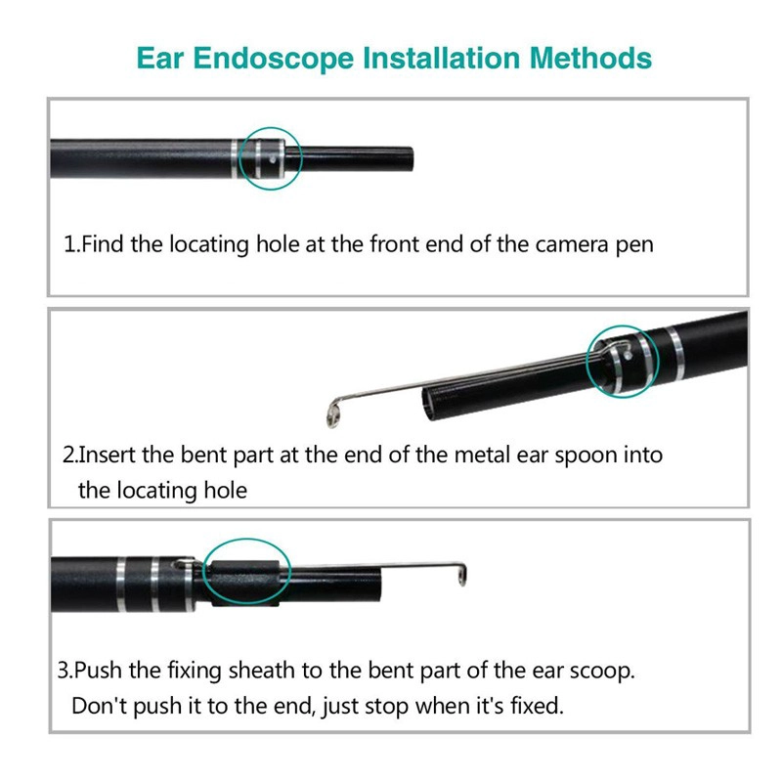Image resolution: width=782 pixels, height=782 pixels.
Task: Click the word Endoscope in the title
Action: [274, 59]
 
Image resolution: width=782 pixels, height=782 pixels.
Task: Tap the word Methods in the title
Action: [590, 58]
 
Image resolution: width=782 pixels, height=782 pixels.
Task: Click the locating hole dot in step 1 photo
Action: [272, 160]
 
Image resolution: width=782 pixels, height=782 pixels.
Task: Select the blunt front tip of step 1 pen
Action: [411, 158]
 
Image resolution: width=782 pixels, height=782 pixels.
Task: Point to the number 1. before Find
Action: [71, 244]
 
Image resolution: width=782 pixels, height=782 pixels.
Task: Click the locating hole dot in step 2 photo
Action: [628, 356]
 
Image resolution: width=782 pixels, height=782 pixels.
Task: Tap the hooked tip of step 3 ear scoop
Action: [461, 575]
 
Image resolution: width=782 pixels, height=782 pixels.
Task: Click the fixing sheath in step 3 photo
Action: [244, 583]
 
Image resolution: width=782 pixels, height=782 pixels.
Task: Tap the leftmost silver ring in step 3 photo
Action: [121, 585]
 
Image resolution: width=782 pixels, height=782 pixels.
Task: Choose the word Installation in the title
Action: [441, 58]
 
